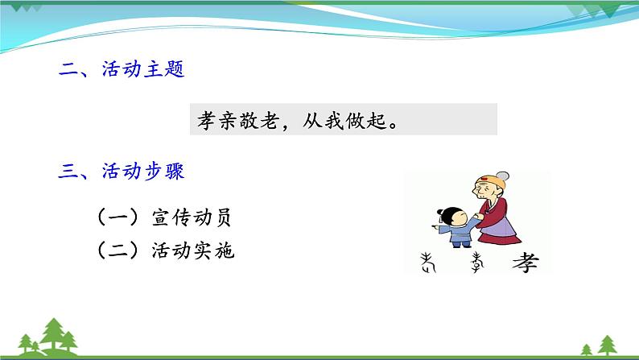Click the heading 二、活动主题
tap(122, 71)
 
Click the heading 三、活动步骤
tap(122, 171)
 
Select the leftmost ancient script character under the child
tap(427, 261)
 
